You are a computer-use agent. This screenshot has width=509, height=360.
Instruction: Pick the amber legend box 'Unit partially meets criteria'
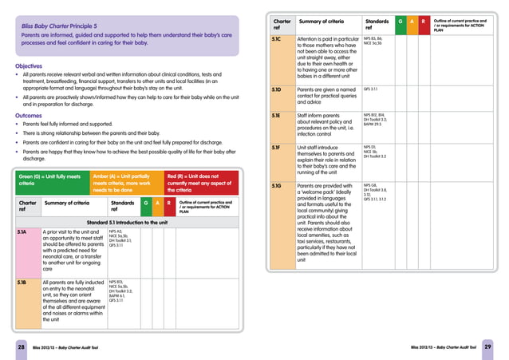[x=125, y=180]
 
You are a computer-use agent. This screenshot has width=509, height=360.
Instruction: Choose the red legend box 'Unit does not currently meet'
[x=201, y=180]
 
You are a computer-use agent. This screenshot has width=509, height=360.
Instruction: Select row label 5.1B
[x=24, y=283]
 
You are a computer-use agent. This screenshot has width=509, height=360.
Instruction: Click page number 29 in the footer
[x=487, y=347]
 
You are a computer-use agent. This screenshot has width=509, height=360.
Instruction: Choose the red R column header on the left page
[x=169, y=204]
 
